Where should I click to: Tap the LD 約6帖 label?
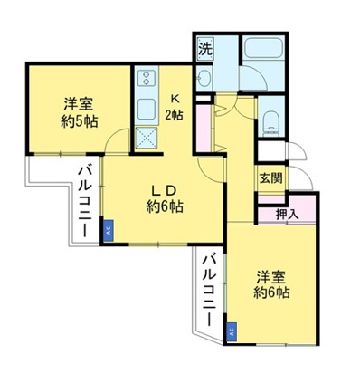pos(164,197)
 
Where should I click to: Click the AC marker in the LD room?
pos(108,231)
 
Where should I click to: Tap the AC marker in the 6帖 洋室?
pos(232,331)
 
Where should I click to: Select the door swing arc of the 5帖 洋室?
pos(114,140)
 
